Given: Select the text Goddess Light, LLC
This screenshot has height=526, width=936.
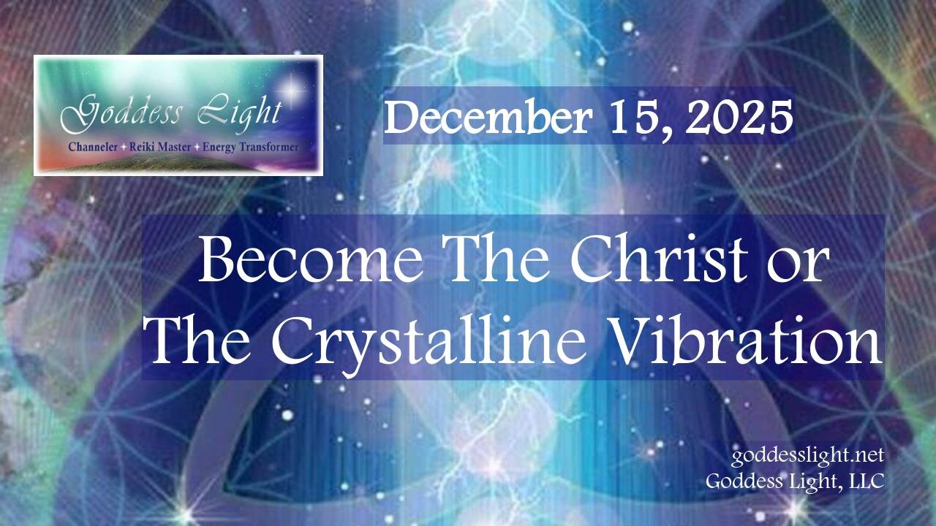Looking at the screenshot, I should coord(796,481).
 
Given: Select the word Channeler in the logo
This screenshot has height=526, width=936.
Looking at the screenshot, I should coord(91,147).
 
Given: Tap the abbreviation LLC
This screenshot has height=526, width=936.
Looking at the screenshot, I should coord(867,481).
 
